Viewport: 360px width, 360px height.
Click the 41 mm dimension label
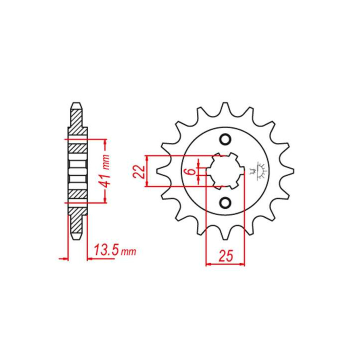[x=106, y=171]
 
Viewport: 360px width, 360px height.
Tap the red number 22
[x=139, y=171]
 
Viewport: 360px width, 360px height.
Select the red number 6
[x=191, y=171]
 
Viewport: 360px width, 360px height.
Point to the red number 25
[x=225, y=256]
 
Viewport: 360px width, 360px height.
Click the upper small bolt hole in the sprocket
[x=225, y=139]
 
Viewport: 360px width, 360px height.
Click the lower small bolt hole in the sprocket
[x=225, y=202]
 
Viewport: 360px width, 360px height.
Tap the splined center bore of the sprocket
[x=225, y=171]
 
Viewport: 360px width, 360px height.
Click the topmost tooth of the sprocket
[x=225, y=109]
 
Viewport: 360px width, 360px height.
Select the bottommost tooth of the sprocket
[x=225, y=232]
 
